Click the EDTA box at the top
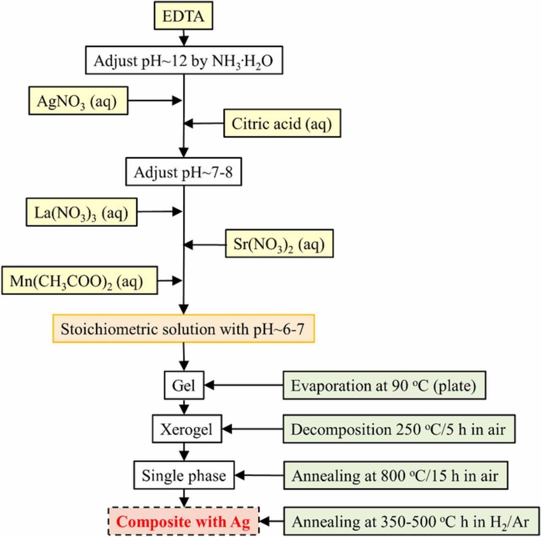tap(183, 17)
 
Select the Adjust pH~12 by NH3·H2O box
tap(184, 61)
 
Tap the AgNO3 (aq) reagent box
tap(78, 101)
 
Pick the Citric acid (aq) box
tap(282, 124)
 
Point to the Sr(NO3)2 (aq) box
tap(279, 244)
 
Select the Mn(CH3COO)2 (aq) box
tap(79, 281)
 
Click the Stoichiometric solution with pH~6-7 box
tap(183, 329)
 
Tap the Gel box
tap(184, 386)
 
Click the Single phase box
tap(184, 475)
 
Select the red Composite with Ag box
tap(183, 521)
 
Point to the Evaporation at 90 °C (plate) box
tap(384, 386)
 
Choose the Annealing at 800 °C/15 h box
tap(395, 476)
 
